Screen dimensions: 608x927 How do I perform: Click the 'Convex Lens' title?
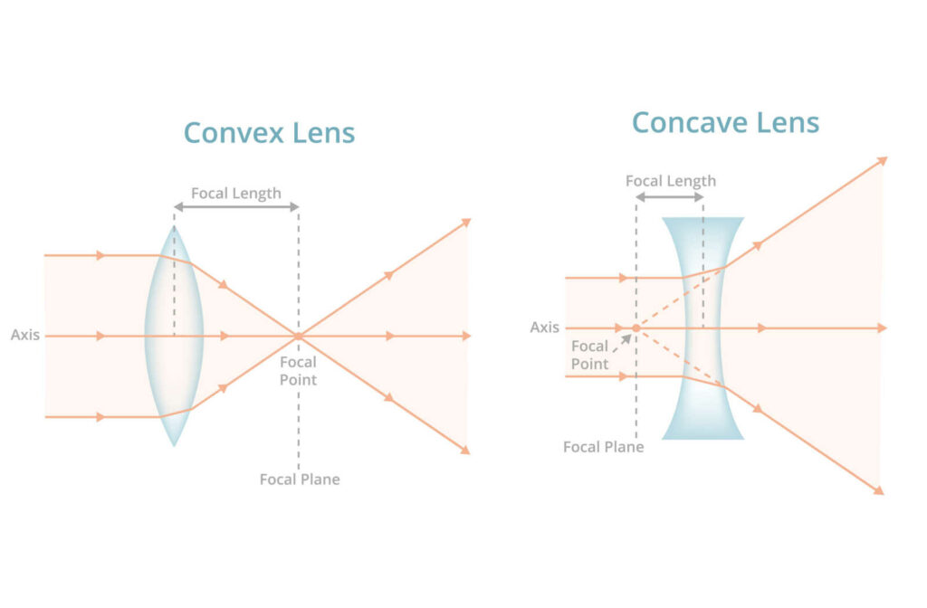[x=269, y=133]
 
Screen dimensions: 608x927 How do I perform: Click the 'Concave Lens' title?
[x=725, y=121]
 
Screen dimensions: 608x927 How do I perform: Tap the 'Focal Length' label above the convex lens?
[x=236, y=193]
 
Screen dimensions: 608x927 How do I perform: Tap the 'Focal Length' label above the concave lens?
[x=671, y=181]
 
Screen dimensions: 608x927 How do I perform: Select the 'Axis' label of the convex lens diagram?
[x=25, y=335]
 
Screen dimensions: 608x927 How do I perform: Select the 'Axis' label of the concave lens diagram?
[x=545, y=327]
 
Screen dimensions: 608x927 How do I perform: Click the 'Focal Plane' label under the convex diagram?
[x=300, y=479]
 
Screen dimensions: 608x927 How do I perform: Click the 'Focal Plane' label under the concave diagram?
[x=604, y=447]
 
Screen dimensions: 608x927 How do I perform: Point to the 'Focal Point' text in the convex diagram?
[x=298, y=371]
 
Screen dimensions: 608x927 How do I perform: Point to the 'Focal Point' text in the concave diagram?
[x=590, y=355]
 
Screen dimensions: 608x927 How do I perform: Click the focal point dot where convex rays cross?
[x=298, y=336]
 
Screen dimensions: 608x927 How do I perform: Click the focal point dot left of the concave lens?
[x=636, y=328]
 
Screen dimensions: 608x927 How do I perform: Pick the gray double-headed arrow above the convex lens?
[x=236, y=207]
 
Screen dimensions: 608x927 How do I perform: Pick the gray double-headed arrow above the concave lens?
[x=670, y=196]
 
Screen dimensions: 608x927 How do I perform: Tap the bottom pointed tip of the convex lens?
[x=174, y=444]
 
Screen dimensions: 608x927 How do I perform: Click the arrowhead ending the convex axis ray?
[x=466, y=336]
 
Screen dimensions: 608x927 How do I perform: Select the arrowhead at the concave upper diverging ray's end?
[x=883, y=161]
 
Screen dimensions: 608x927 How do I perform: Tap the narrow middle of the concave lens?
[x=702, y=328]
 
